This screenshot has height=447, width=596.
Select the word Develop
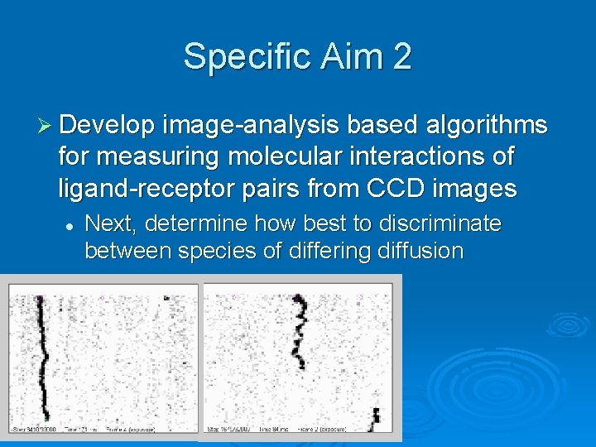pos(107,125)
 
